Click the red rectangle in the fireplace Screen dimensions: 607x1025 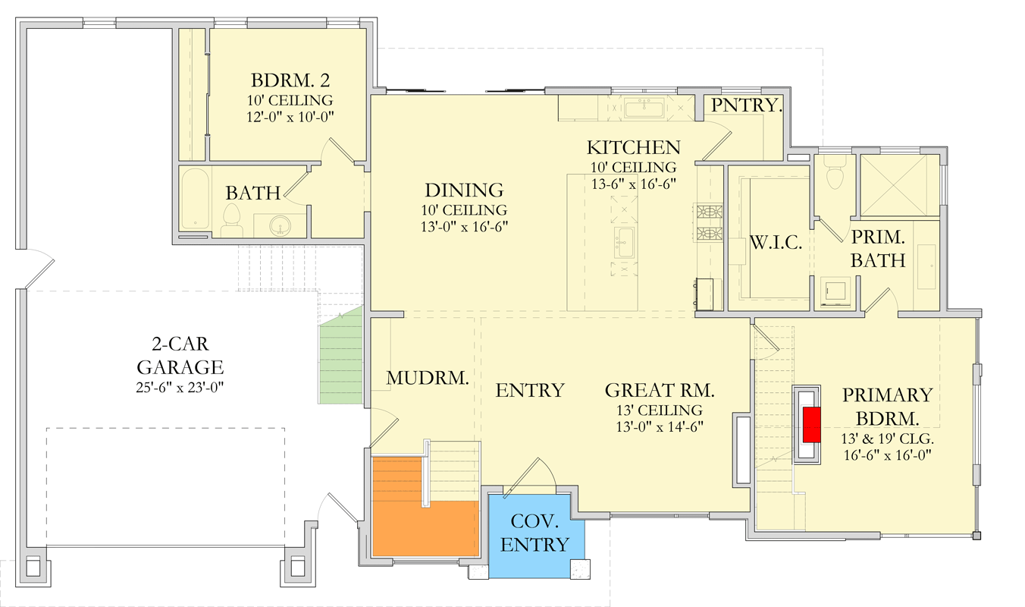coord(812,424)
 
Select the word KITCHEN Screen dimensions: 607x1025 coord(633,147)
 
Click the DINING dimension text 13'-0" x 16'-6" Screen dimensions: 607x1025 coord(464,226)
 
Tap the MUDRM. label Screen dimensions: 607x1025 coord(426,378)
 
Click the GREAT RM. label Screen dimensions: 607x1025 coord(660,391)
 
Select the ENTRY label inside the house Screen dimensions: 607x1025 coord(530,391)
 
